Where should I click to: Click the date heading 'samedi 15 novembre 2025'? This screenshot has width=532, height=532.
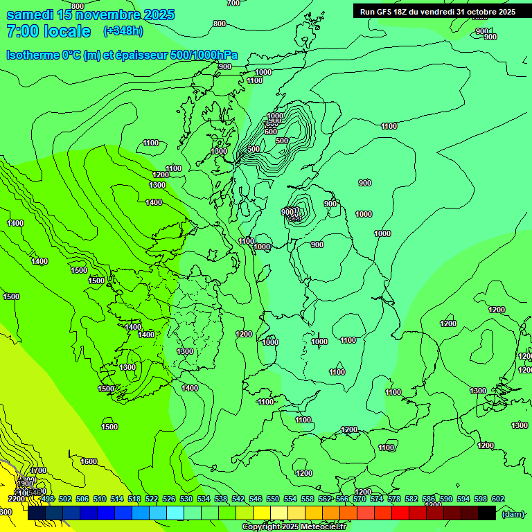90,15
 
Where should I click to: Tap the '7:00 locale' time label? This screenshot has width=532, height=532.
48,31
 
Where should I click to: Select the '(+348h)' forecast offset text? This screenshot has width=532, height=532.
123,31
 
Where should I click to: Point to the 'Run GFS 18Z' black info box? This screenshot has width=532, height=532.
437,11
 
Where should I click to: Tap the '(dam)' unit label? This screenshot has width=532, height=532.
512,513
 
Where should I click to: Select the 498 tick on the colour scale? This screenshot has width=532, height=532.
48,499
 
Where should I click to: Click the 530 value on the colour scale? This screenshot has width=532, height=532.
186,499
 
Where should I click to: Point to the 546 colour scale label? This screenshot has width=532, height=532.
255,499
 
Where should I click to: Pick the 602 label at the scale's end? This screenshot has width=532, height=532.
497,499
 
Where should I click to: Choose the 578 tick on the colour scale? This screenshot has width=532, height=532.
393,499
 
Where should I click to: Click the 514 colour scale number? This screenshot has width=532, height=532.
117,499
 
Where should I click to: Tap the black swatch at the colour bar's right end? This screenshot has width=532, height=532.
487,513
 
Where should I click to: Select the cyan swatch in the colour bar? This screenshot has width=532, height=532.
175,513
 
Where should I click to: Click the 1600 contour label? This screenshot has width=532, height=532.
89,461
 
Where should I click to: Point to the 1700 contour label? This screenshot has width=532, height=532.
38,470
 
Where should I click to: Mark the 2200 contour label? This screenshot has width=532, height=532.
17,499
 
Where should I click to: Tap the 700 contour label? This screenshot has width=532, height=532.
233,3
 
